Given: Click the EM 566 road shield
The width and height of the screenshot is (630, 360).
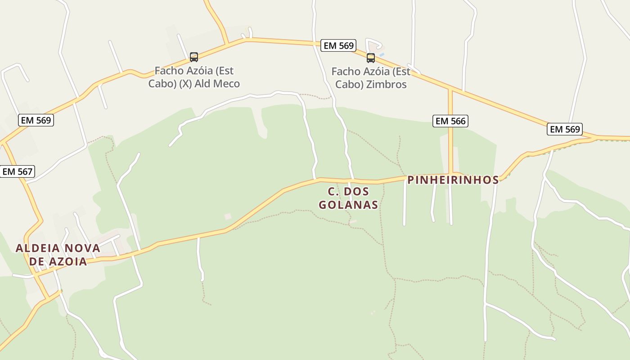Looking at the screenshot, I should [x=450, y=121].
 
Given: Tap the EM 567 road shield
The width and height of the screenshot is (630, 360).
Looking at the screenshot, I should [x=17, y=171].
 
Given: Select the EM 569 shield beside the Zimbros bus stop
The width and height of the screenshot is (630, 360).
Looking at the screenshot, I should [x=338, y=45].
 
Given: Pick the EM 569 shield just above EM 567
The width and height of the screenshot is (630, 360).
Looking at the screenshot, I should [x=36, y=120].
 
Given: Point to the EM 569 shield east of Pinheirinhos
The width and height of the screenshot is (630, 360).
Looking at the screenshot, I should [x=565, y=129].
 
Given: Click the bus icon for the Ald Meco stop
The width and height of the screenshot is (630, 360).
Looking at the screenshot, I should [x=194, y=57].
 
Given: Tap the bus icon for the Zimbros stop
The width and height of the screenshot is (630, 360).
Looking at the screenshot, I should [x=370, y=58].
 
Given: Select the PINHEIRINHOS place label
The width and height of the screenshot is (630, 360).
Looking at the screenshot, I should [x=453, y=180].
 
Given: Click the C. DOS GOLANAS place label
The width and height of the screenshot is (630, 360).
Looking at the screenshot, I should [x=348, y=198].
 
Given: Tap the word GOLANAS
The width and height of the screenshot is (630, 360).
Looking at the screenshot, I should [x=348, y=205].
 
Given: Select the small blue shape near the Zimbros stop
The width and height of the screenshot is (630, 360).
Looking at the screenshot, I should [x=382, y=55].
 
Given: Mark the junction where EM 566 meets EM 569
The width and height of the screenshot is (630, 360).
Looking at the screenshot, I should [x=450, y=89].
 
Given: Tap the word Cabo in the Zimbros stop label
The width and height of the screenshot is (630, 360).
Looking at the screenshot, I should [x=348, y=85].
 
